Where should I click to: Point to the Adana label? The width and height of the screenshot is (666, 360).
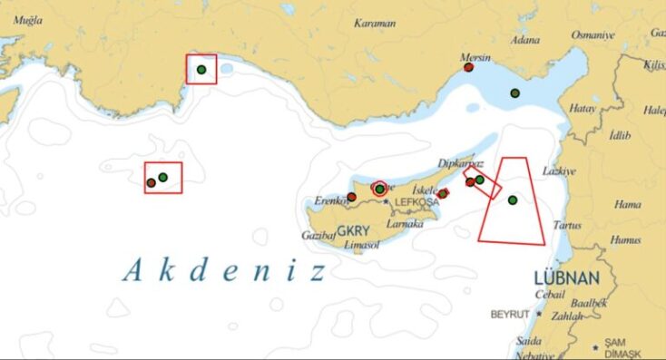[525, 40]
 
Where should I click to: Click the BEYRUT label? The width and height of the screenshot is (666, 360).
[509, 314]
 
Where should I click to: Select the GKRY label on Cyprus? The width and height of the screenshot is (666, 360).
[352, 230]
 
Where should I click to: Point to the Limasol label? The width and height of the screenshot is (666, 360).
[361, 246]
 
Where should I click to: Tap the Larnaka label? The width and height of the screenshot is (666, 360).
[404, 223]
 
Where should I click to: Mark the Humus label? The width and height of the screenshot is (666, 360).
[624, 240]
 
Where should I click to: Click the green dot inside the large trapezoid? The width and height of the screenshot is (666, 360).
[513, 199]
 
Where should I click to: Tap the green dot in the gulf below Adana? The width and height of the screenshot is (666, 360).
[514, 92]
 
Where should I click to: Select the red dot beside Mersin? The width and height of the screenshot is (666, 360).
[467, 68]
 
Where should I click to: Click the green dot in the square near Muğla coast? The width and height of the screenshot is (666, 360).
[201, 70]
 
